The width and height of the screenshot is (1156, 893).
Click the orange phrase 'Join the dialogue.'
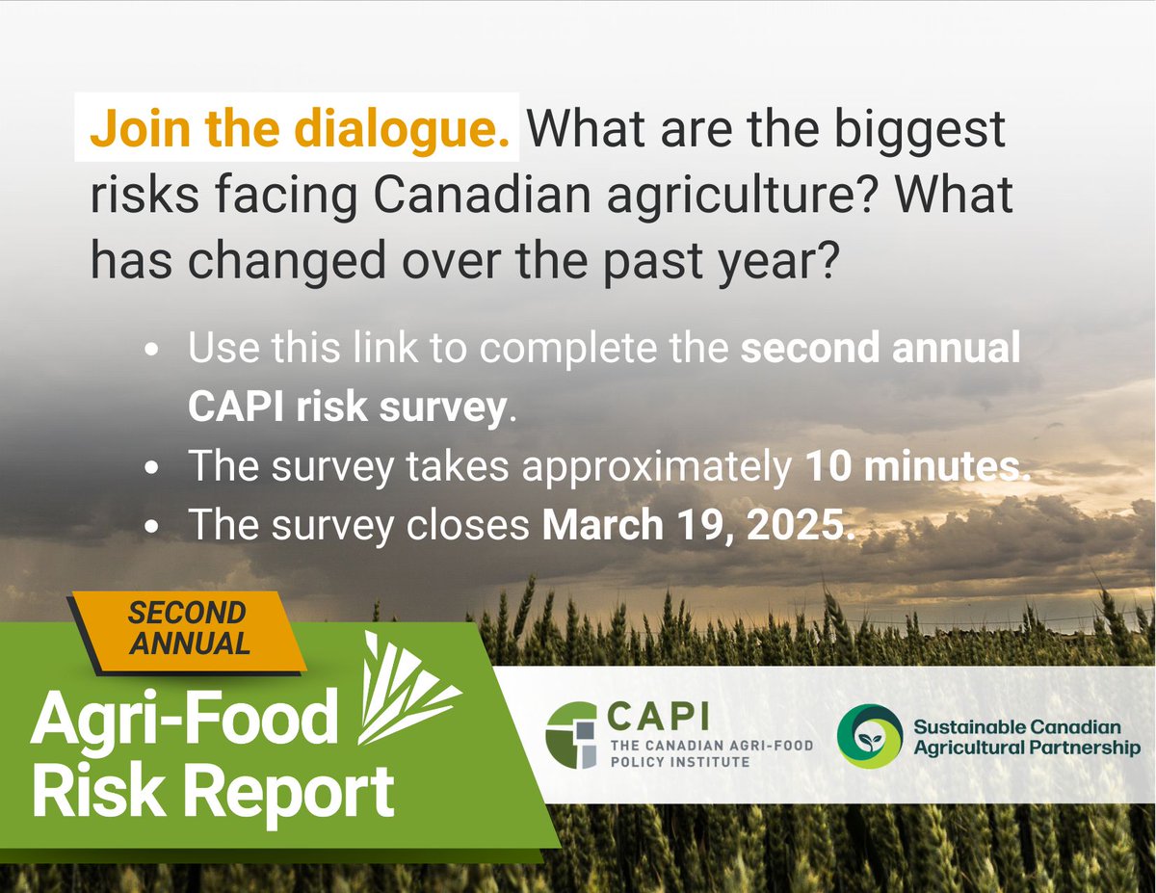[x=299, y=129]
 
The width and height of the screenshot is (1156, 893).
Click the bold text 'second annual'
[x=880, y=348]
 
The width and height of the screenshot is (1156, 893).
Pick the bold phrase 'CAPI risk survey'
[x=347, y=407]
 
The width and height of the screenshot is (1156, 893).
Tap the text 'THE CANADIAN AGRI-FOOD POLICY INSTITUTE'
[x=711, y=753]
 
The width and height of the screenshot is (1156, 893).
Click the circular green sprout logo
[x=869, y=736]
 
